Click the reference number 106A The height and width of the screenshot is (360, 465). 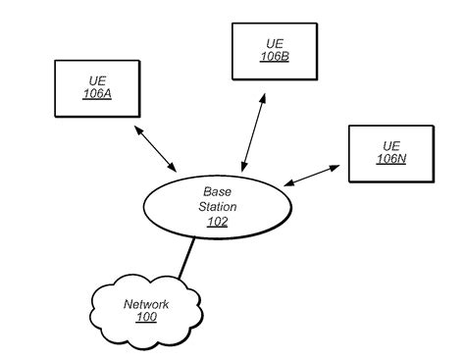pyautogui.click(x=97, y=94)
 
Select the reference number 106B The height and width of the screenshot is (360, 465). pyautogui.click(x=275, y=57)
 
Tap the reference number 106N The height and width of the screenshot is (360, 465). pyautogui.click(x=391, y=159)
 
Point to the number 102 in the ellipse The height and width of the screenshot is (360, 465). pyautogui.click(x=218, y=222)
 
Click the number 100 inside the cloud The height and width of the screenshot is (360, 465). pyautogui.click(x=146, y=317)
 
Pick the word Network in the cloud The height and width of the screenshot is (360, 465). pyautogui.click(x=146, y=304)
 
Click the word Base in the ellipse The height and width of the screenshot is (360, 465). pyautogui.click(x=218, y=191)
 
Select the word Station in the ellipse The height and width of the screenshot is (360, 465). pyautogui.click(x=218, y=207)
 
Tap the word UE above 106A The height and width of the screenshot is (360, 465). pyautogui.click(x=97, y=81)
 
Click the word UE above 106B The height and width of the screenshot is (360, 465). pyautogui.click(x=275, y=44)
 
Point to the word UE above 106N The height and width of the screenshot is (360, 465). pyautogui.click(x=391, y=146)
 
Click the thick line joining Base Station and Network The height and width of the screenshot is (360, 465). pyautogui.click(x=186, y=258)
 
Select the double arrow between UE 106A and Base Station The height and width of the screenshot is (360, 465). pyautogui.click(x=156, y=149)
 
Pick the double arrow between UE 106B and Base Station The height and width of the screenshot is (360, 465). pyautogui.click(x=253, y=132)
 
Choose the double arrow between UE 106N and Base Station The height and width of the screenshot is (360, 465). pyautogui.click(x=312, y=176)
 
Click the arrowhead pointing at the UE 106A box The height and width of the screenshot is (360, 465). pyautogui.click(x=138, y=129)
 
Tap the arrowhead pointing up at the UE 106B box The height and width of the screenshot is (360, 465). pyautogui.click(x=263, y=98)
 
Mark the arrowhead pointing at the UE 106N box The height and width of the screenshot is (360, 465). pyautogui.click(x=335, y=168)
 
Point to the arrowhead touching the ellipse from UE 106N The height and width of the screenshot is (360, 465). pyautogui.click(x=289, y=183)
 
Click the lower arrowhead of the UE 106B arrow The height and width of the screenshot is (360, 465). pyautogui.click(x=243, y=167)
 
